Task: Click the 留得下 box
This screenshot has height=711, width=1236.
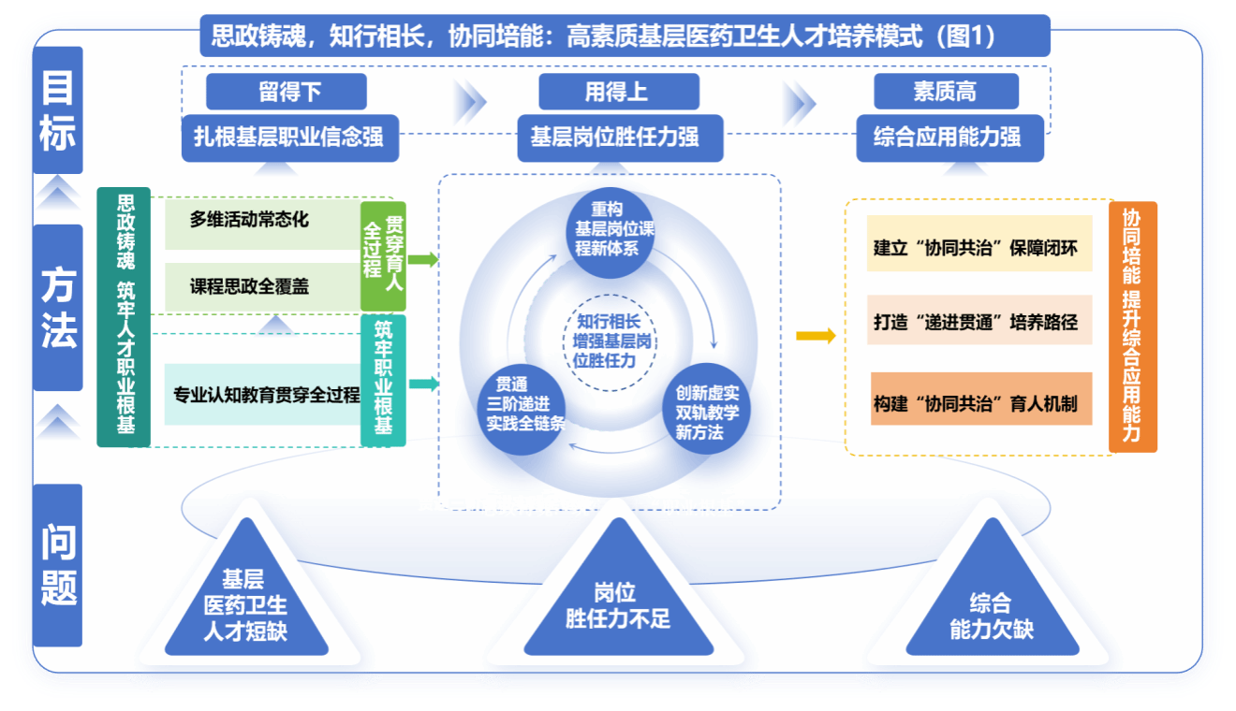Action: [x=286, y=92]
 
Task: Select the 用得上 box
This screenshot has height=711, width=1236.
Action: [x=618, y=92]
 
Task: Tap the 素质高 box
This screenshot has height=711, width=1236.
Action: [x=946, y=92]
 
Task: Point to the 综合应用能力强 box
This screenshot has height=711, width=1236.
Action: [x=948, y=138]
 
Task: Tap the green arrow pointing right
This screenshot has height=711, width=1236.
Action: [x=423, y=259]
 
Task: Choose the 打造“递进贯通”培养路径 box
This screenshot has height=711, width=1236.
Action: [x=979, y=322]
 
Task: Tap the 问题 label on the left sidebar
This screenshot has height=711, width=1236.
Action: [x=58, y=565]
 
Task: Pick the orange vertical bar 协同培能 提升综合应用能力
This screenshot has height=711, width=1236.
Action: [x=1132, y=326]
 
